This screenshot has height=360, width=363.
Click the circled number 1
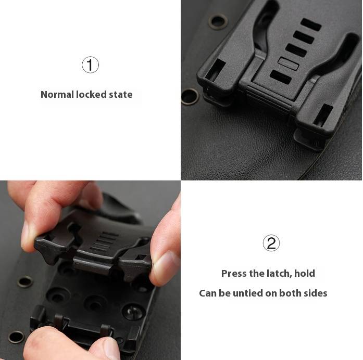point(90,65)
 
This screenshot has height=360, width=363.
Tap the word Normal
point(57,95)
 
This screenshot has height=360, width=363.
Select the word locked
point(91,95)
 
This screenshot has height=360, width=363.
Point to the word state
point(121,95)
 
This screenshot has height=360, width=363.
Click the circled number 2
point(271,243)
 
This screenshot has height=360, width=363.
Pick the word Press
point(234,274)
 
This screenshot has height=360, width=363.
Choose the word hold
point(305,274)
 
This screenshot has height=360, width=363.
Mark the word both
point(289,293)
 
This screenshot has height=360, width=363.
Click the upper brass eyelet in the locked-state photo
point(218,21)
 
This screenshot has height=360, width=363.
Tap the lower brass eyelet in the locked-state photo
point(190,96)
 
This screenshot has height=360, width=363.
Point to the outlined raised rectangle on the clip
point(288,63)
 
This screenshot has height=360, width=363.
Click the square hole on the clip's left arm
point(215,70)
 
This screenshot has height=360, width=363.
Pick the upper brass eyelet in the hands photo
point(25,281)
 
